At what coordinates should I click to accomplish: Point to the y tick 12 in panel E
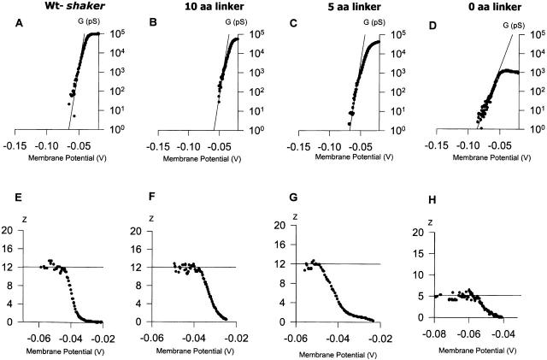coord(9,268)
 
